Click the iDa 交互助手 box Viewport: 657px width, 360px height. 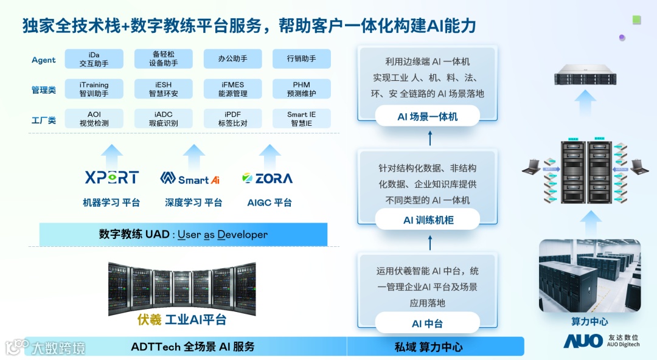click(x=94, y=59)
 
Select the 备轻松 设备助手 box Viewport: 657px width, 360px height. click(x=163, y=59)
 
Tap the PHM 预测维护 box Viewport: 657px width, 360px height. click(x=301, y=89)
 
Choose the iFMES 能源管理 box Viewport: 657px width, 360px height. click(x=232, y=89)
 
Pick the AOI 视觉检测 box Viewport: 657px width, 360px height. click(x=94, y=119)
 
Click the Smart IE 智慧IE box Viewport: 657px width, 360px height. click(x=301, y=119)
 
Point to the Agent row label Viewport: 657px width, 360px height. click(x=43, y=60)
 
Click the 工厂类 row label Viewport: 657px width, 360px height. click(x=43, y=120)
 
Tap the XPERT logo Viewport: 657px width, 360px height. click(x=112, y=178)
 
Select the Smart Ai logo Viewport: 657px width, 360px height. click(x=190, y=178)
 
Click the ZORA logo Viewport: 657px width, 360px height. click(x=267, y=178)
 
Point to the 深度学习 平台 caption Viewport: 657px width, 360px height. click(x=193, y=202)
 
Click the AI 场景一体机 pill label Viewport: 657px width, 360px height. click(x=427, y=116)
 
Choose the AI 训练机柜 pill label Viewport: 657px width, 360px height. click(x=428, y=220)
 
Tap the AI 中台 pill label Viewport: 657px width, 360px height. click(x=427, y=324)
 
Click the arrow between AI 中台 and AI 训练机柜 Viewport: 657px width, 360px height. click(x=430, y=243)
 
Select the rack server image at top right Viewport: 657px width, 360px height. click(x=585, y=77)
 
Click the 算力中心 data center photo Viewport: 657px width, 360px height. click(x=589, y=275)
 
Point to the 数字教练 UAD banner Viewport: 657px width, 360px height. click(x=183, y=234)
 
